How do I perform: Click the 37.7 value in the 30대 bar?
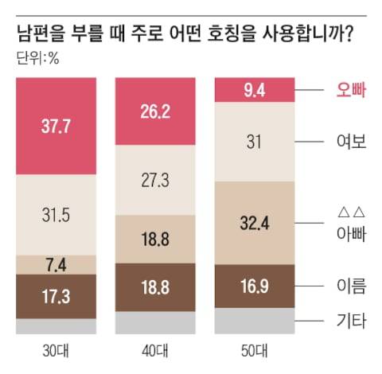(x=57, y=126)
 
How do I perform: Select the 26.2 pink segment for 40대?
(x=156, y=112)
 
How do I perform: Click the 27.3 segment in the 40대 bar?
(x=156, y=180)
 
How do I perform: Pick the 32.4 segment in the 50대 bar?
(x=255, y=224)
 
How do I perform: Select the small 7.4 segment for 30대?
(x=57, y=264)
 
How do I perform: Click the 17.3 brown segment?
(x=57, y=297)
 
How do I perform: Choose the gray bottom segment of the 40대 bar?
(x=156, y=322)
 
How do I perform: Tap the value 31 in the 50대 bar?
(x=255, y=142)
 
